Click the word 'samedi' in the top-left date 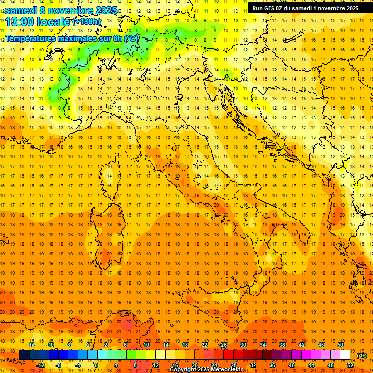pos(21,10)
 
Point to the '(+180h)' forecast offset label pos(86,22)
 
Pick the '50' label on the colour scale pos(340,345)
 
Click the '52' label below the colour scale pos(350,365)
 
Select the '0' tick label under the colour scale pos(96,365)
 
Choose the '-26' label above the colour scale pos(223,345)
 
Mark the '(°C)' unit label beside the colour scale pos(362,356)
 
